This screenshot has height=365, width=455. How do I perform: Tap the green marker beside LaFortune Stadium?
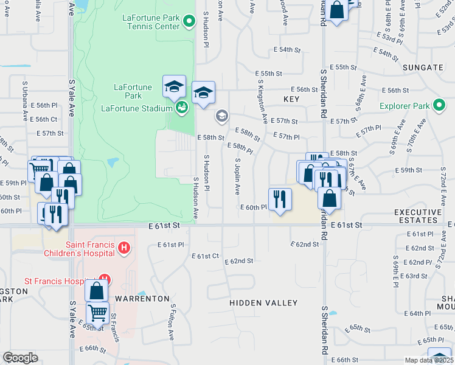click(181, 108)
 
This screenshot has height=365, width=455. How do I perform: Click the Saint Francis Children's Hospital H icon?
click(124, 248)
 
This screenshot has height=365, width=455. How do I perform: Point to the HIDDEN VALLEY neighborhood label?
click(263, 303)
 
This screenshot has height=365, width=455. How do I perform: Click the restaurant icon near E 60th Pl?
click(280, 199)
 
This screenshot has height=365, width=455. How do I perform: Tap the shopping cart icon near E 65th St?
click(97, 313)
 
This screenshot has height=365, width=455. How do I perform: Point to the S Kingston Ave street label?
click(263, 98)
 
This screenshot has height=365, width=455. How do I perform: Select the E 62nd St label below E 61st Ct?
click(239, 261)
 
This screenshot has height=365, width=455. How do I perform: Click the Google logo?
click(20, 357)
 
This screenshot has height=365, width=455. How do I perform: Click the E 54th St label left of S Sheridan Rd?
click(288, 49)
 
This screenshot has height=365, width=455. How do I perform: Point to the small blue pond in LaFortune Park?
click(112, 163)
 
